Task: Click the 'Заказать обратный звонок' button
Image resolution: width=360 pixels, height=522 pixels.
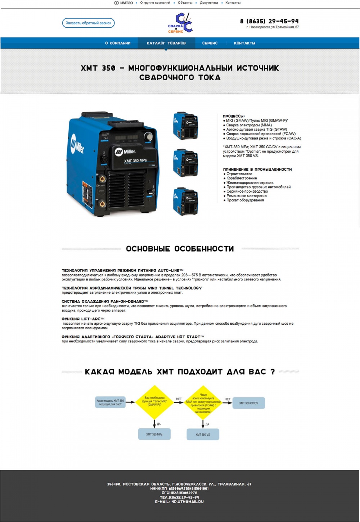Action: pos(88,23)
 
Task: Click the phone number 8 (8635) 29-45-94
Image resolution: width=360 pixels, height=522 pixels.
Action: pos(269,21)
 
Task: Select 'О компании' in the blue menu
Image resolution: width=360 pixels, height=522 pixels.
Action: pos(118,43)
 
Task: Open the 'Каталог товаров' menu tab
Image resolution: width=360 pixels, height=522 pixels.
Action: pos(166,43)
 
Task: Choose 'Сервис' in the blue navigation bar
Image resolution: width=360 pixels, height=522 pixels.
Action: pos(210,43)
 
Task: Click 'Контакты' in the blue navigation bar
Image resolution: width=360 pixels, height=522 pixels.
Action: pos(244,43)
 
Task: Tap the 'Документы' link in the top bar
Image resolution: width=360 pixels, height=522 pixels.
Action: pos(209,3)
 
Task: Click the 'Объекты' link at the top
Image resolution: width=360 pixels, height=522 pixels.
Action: pos(185,3)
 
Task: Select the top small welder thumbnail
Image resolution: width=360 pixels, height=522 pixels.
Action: pos(185,126)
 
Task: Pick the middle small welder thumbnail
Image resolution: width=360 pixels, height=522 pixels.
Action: pos(185,163)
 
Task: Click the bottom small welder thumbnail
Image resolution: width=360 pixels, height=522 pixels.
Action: pos(185,201)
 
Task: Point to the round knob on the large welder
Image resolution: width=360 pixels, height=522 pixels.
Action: pos(148,136)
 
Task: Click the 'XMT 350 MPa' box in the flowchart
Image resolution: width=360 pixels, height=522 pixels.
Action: pos(154,434)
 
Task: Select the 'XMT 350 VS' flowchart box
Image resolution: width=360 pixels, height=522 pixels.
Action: pos(203,435)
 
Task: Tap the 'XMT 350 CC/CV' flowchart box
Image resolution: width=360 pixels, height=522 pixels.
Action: pos(248,403)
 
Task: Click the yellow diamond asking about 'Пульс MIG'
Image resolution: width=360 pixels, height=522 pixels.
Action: pos(154,402)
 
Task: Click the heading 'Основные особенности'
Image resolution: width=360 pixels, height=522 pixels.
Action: pos(180,249)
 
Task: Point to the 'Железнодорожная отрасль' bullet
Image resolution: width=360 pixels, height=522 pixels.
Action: pos(250,183)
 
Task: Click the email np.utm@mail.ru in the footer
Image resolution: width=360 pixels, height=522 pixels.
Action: pos(187,501)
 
